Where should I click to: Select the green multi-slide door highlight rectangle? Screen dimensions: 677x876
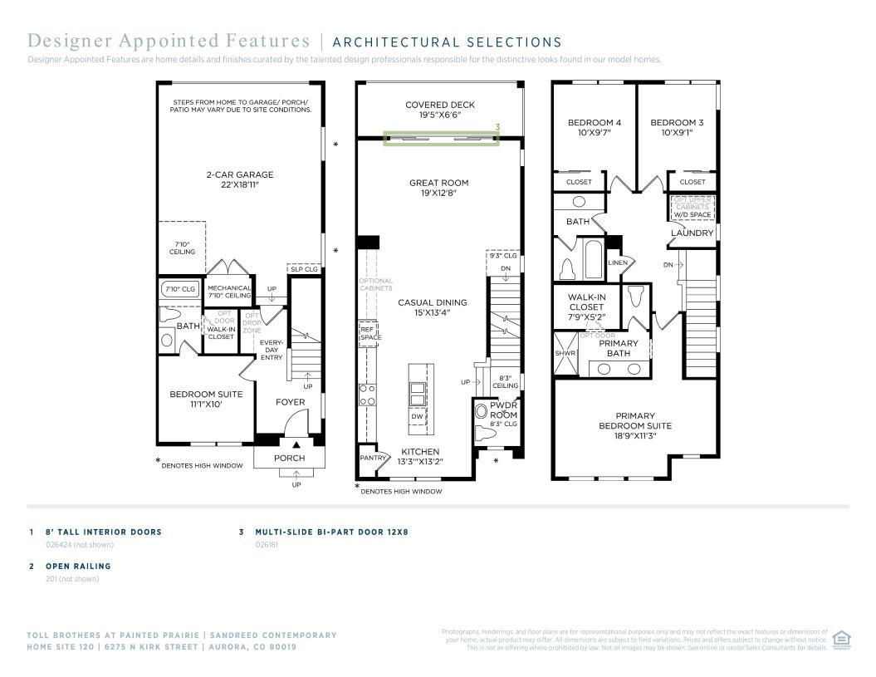[x=441, y=139]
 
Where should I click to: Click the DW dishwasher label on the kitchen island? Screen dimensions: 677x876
[x=417, y=416]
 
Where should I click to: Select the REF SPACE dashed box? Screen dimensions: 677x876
[x=369, y=333]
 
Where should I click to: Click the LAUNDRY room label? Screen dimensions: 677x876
[x=692, y=233]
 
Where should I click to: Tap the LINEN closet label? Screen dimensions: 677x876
[x=618, y=262]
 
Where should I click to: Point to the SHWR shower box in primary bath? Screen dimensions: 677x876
[x=565, y=353]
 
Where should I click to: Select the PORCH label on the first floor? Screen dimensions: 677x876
[x=289, y=458]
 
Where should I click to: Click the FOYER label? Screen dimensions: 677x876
[x=290, y=402]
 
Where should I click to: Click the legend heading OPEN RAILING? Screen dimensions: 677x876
[x=78, y=566]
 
